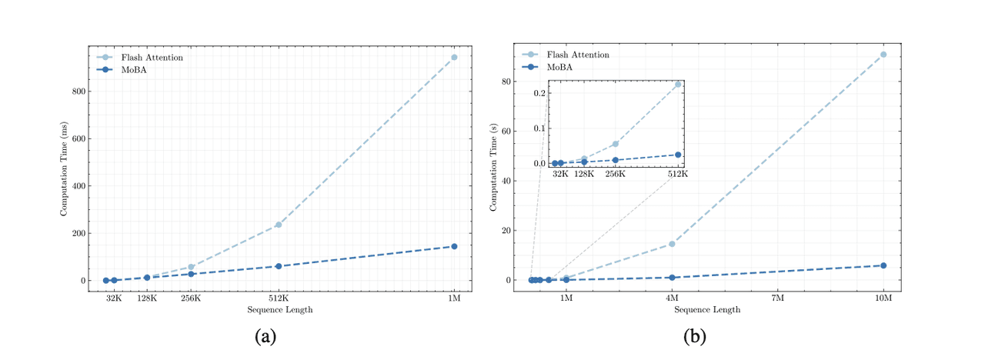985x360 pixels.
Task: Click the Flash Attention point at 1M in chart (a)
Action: point(454,57)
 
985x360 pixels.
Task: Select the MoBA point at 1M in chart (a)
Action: point(454,246)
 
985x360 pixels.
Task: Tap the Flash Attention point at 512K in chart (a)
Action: point(279,225)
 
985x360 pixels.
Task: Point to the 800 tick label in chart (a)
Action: point(78,92)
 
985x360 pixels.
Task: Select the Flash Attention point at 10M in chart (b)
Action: point(883,55)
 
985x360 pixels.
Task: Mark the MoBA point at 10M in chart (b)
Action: point(883,265)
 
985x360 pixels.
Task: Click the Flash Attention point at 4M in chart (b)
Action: point(672,244)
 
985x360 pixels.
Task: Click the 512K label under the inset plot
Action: point(677,175)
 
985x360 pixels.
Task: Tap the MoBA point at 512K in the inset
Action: point(678,155)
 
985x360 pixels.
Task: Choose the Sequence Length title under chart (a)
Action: point(280,310)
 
